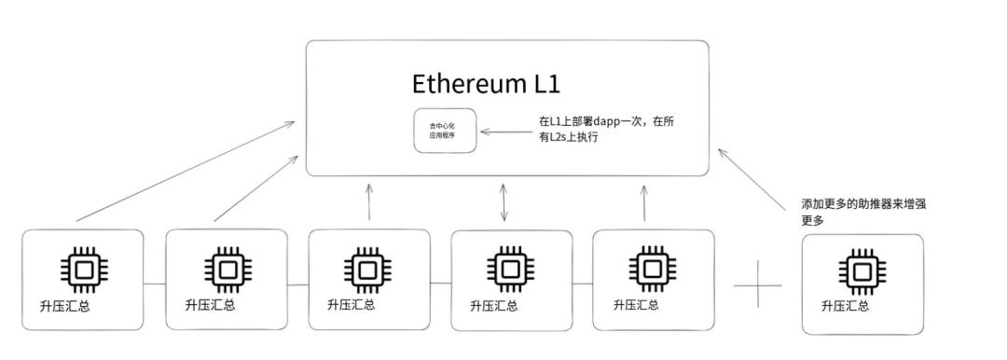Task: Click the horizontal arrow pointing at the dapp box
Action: (x=504, y=132)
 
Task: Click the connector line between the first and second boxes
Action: (x=155, y=284)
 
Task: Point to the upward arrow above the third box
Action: (x=369, y=202)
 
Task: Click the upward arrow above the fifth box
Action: (x=644, y=202)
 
